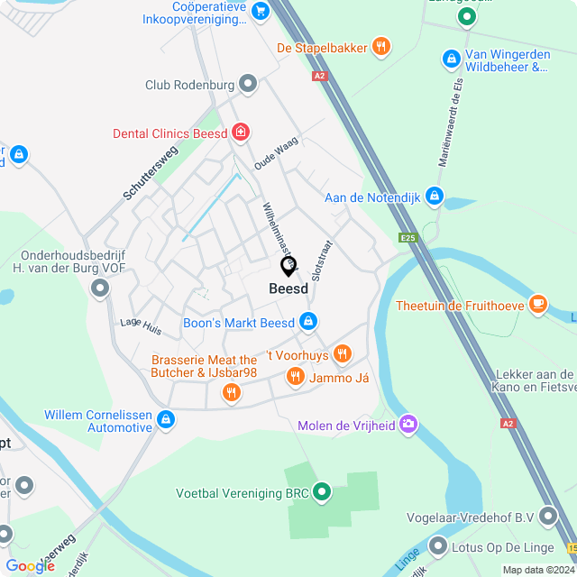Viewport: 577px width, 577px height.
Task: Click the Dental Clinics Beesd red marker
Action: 240,133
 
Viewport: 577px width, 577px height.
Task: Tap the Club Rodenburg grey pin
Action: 248,85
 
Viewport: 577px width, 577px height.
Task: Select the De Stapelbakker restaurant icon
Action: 381,47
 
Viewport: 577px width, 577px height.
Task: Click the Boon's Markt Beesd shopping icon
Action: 308,321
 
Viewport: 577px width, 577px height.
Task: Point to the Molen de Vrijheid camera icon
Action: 408,423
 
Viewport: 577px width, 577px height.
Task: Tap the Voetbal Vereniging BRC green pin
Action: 322,492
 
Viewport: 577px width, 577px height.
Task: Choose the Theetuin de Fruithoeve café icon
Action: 538,304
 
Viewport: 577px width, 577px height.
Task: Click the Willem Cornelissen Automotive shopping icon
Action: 166,419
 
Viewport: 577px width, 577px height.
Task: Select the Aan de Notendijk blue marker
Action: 435,196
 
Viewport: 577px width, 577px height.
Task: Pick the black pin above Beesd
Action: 288,266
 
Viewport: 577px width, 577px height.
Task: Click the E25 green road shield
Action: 409,238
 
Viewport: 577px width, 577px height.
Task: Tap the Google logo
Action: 30,565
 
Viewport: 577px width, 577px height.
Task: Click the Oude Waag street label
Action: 275,153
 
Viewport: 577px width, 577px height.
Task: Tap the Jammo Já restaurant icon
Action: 294,376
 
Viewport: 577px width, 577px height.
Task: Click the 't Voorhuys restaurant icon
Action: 342,353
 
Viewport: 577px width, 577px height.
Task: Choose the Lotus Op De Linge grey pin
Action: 438,545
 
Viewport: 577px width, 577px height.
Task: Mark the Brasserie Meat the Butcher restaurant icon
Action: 232,391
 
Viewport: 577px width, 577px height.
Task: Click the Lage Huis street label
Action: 141,325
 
